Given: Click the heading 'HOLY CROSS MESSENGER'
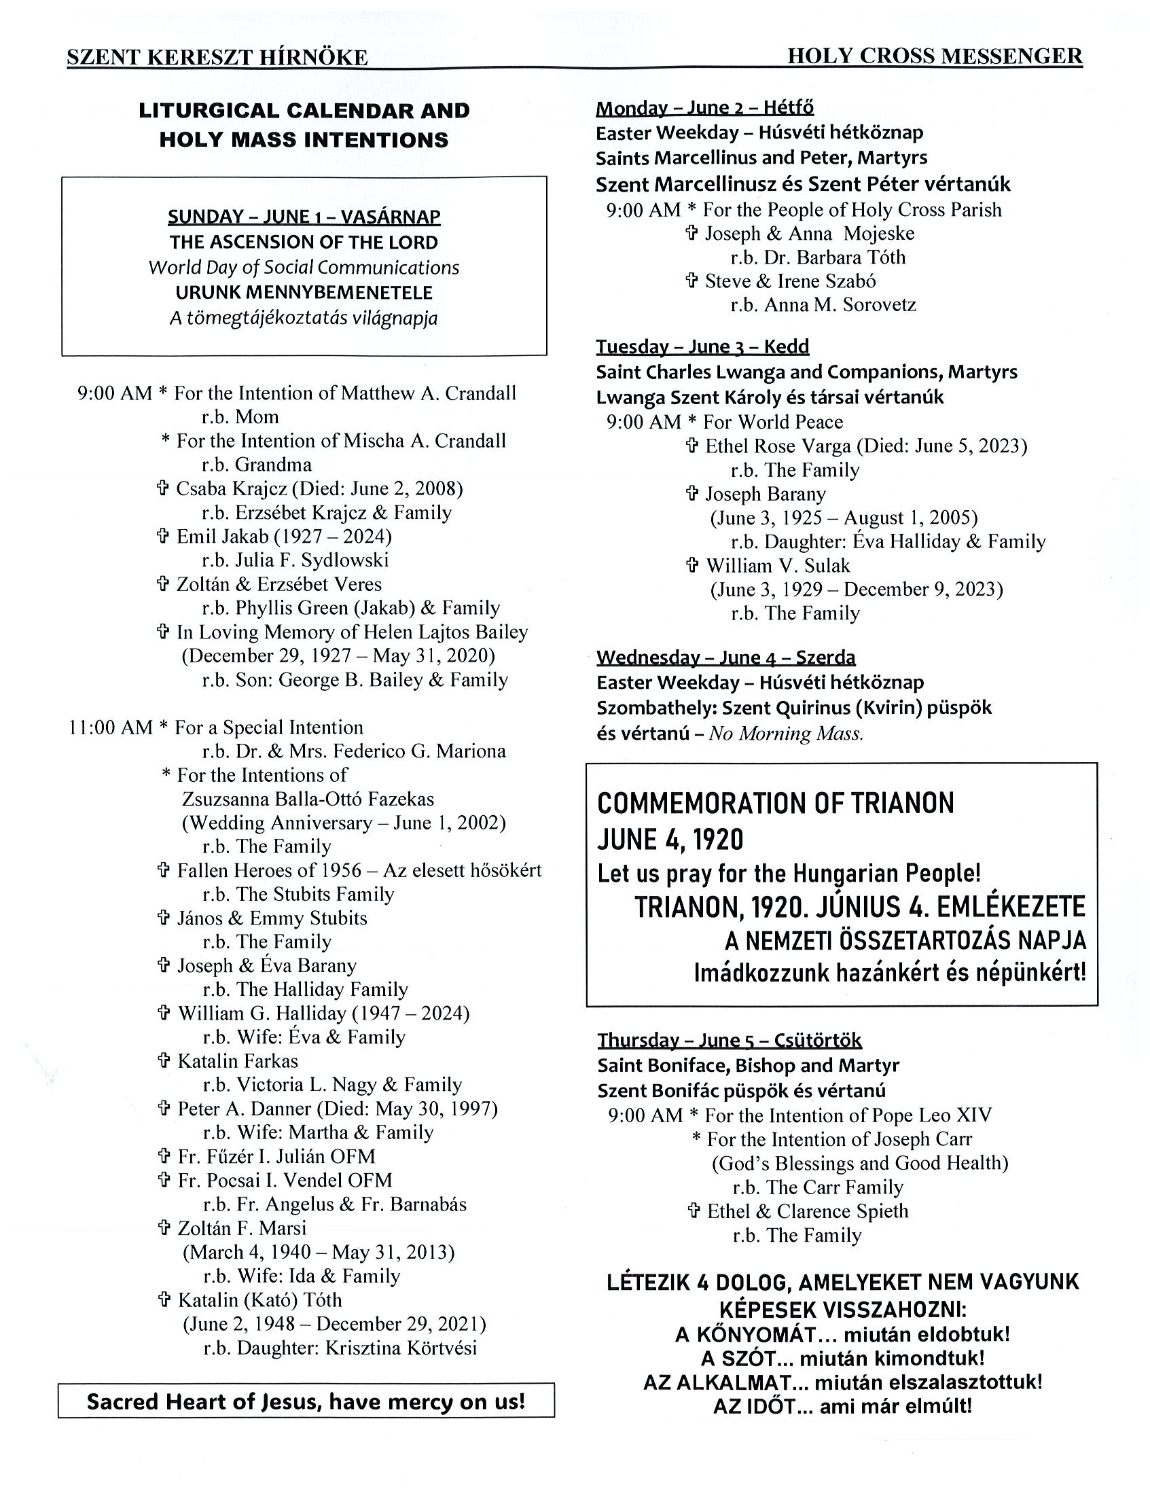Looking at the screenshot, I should pos(935,56).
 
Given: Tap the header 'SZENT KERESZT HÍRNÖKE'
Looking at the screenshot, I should pos(217,58).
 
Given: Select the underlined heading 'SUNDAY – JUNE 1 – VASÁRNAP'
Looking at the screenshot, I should pos(304,217).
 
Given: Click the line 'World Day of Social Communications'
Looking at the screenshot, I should pos(304,267).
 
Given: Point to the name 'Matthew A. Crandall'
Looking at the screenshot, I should pos(428,393).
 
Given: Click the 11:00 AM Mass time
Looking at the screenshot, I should pos(111,728).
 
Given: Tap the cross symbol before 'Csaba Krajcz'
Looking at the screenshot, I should pos(163,488).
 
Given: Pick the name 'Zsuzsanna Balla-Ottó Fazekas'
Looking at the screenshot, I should pos(308,799).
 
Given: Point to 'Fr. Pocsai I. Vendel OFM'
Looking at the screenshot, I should pos(284,1180).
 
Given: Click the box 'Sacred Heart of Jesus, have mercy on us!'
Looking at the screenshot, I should pos(306,1402).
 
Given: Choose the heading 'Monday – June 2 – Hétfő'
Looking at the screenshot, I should pos(704,108).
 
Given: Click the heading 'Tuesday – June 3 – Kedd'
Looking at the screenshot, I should pos(702,346).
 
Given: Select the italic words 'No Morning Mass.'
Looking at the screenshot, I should pos(786,734).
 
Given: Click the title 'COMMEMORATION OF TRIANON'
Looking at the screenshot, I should pos(775,804).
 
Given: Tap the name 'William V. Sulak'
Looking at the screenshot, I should pos(778,566).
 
